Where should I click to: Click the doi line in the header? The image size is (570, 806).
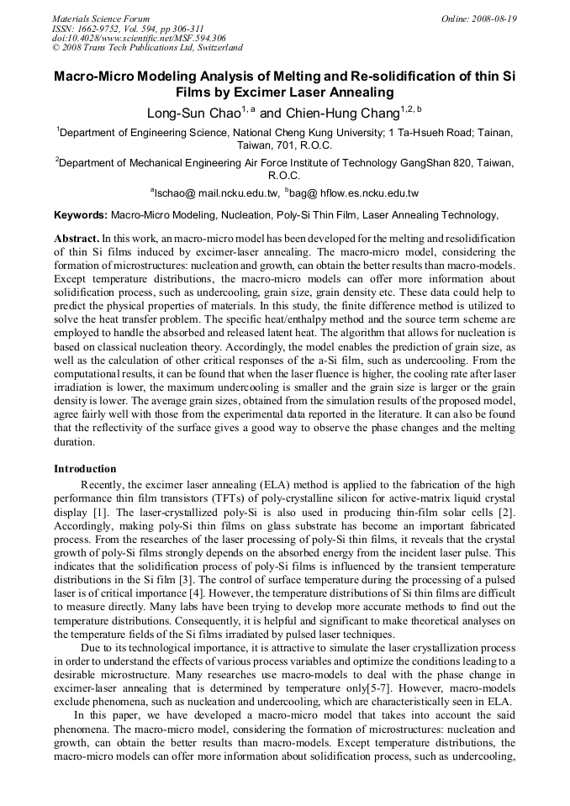(139, 39)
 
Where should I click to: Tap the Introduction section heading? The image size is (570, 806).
(85, 469)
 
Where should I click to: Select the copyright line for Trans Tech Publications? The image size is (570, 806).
(147, 49)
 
